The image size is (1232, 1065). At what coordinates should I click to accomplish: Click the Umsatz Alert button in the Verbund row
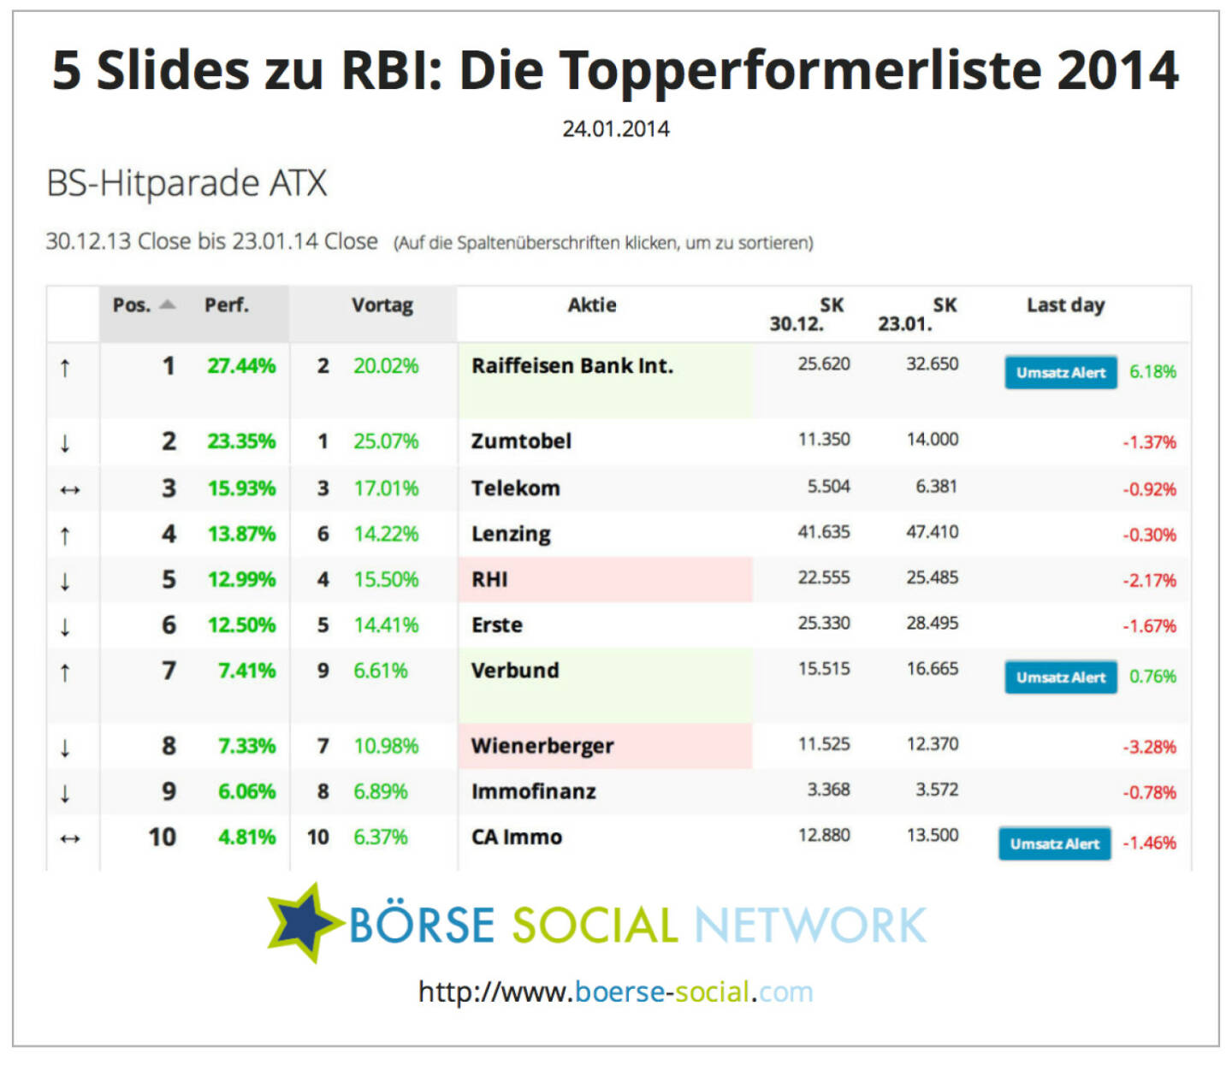pos(1060,677)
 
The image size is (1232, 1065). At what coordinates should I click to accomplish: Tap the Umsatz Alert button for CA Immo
pos(1054,843)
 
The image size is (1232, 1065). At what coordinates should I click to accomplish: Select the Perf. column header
pos(226,305)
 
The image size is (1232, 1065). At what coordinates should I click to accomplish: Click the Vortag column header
pos(382,305)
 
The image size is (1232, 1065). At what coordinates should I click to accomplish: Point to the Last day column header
pos(1065,305)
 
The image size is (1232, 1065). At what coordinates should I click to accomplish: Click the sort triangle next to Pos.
pos(168,305)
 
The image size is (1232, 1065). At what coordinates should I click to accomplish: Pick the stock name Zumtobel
pos(521,441)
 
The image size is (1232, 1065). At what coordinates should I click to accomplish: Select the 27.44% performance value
pos(241,366)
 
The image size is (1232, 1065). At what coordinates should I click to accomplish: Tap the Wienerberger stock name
pos(542,746)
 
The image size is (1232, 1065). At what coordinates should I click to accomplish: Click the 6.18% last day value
pos(1152,372)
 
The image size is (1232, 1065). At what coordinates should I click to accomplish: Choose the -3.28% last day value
pos(1149,747)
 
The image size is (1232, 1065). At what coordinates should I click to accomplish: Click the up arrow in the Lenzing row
pos(65,536)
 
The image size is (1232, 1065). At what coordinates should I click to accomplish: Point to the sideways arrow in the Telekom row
pos(69,490)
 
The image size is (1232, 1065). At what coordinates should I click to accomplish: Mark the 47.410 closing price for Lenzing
pos(932,532)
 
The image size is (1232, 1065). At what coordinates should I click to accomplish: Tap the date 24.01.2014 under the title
pos(616,129)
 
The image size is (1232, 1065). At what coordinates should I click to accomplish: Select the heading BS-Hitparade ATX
pos(187,183)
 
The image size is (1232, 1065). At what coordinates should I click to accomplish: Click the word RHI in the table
pos(489,580)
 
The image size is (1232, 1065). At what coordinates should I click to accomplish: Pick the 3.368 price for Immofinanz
pos(828,790)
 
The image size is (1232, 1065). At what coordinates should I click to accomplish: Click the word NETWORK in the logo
pos(809,926)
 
